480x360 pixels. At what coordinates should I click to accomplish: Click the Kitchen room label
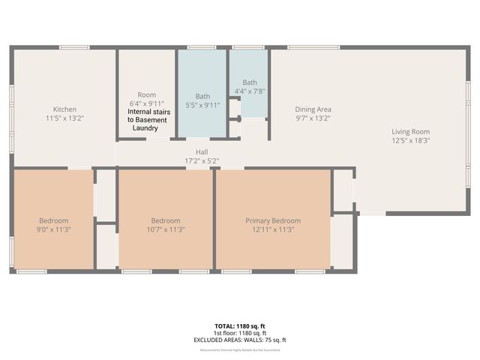point(64,109)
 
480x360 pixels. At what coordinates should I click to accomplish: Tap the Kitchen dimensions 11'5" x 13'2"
point(64,118)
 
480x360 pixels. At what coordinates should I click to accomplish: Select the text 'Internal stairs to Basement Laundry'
point(147,120)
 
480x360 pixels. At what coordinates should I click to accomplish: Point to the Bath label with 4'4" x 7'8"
point(250,82)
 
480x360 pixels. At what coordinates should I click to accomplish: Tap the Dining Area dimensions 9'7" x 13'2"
point(313,118)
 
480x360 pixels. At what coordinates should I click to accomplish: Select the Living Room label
point(410,131)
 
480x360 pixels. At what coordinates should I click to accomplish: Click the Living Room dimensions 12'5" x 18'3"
point(410,139)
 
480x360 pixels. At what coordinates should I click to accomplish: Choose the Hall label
point(202,152)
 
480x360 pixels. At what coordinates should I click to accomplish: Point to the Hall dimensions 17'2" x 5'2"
point(202,160)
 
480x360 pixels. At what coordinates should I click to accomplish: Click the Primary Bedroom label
point(273,220)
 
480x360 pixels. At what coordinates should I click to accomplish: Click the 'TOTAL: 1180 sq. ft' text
point(240,326)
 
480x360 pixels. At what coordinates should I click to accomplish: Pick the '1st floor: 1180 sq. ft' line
point(240,333)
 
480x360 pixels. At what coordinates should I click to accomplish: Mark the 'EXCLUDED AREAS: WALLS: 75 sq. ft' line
point(240,340)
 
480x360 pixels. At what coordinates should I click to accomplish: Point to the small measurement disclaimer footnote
point(240,349)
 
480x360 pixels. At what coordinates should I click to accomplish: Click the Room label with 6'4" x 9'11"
point(147,94)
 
